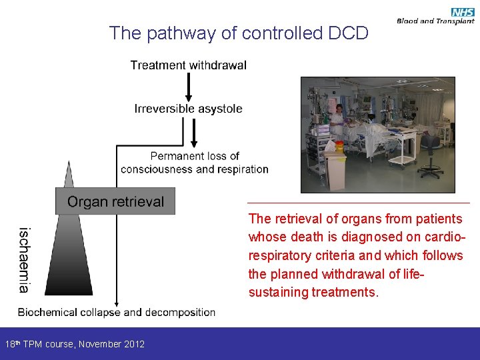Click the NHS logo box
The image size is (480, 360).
[463, 12]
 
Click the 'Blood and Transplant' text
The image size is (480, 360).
[435, 21]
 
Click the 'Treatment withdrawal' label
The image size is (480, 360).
[189, 65]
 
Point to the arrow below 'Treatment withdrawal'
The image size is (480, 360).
[189, 87]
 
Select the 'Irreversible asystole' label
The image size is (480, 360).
[189, 109]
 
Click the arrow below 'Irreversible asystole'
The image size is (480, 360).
[195, 131]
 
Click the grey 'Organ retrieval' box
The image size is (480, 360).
[115, 201]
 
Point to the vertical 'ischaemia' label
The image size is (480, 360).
[24, 260]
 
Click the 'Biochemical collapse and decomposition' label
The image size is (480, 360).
[117, 312]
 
